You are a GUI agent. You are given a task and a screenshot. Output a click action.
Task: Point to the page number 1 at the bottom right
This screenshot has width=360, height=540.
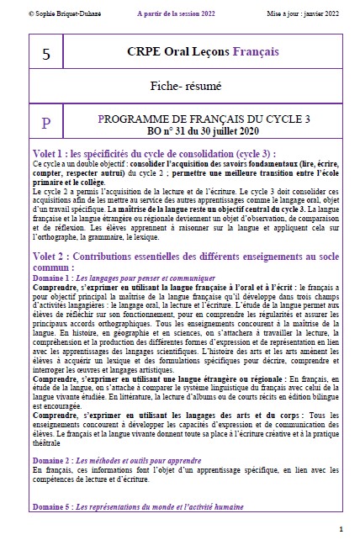click(341, 528)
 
